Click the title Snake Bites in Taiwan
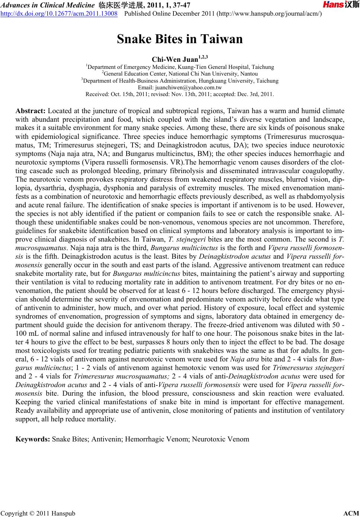click(x=180, y=39)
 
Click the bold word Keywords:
click(x=33, y=439)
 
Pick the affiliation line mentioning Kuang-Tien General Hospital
click(x=180, y=67)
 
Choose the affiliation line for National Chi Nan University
click(x=180, y=74)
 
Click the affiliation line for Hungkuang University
click(x=180, y=81)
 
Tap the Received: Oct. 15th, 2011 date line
click(x=180, y=94)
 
